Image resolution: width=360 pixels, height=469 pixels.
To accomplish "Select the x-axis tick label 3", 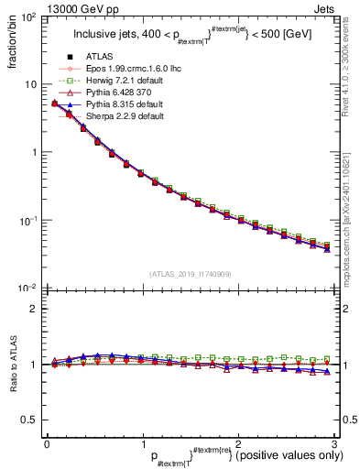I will [x=333, y=443].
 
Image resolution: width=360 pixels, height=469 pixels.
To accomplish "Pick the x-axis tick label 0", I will [x=47, y=443].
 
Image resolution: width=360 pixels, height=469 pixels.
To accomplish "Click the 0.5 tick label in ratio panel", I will [x=29, y=420].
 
